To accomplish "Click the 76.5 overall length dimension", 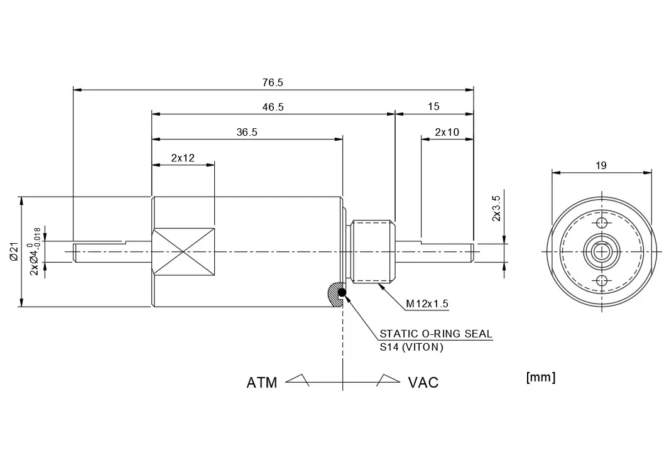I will [273, 82].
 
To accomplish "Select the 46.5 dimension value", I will [273, 107].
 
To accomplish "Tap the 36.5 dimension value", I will [247, 132].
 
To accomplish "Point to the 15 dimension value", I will [433, 107].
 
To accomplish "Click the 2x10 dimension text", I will [447, 132].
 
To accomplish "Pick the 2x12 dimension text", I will [183, 158].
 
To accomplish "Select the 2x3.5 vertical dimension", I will [496, 208].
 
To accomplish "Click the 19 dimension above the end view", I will [601, 166].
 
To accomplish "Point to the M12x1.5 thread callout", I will [427, 304].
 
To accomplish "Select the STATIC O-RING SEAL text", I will [436, 334].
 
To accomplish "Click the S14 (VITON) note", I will [411, 347].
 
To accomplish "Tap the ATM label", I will [262, 383].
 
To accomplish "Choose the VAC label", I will [423, 383].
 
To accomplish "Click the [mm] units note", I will [540, 377].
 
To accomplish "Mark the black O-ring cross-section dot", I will [341, 292].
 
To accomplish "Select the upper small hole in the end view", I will [602, 224].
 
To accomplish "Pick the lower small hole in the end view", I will [602, 280].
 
